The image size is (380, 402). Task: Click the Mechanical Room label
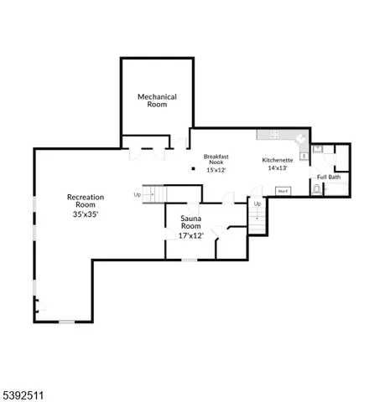pyautogui.click(x=158, y=100)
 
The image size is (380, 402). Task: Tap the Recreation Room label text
pyautogui.click(x=86, y=201)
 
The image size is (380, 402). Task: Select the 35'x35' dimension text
pyautogui.click(x=86, y=215)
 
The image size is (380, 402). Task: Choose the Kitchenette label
pyautogui.click(x=278, y=159)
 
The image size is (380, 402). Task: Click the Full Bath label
pyautogui.click(x=328, y=177)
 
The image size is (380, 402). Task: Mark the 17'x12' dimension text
pyautogui.click(x=191, y=235)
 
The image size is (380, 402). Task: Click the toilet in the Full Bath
pyautogui.click(x=316, y=190)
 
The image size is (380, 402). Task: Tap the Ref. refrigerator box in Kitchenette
pyautogui.click(x=283, y=191)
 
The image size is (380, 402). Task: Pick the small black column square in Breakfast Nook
pyautogui.click(x=194, y=168)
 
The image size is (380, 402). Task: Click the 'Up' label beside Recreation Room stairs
pyautogui.click(x=137, y=195)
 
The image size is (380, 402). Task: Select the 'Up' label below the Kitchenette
pyautogui.click(x=258, y=204)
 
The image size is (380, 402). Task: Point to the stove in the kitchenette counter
pyautogui.click(x=273, y=134)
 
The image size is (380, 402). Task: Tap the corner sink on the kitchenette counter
pyautogui.click(x=300, y=137)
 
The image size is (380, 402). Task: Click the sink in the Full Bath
pyautogui.click(x=317, y=149)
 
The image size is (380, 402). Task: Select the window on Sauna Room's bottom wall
pyautogui.click(x=190, y=260)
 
